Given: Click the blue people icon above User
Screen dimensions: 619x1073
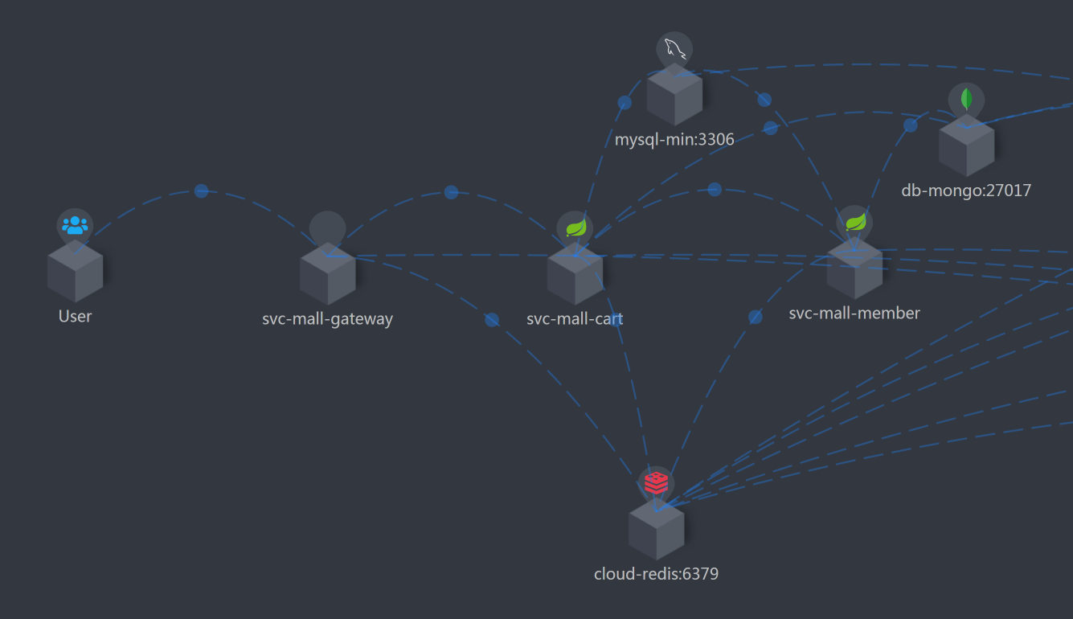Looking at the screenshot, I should [x=75, y=225].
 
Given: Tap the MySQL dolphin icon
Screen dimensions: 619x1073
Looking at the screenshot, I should [x=674, y=50].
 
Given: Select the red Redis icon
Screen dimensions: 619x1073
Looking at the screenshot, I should [x=656, y=483].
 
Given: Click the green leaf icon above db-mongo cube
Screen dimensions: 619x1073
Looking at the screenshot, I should [x=966, y=100].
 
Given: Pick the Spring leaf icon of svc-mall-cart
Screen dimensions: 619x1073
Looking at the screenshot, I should [x=575, y=228].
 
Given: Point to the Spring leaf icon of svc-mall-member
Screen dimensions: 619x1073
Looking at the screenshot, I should [x=855, y=221].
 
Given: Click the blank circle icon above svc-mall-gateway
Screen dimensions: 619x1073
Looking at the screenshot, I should [x=327, y=229].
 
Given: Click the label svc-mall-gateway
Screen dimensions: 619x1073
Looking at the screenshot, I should [x=327, y=319].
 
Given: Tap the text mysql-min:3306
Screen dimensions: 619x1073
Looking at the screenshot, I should [x=674, y=140].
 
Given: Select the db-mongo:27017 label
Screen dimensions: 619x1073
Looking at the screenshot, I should [x=966, y=191].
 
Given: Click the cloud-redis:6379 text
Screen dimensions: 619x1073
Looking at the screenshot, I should [x=656, y=574].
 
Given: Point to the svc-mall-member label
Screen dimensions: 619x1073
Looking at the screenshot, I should [x=854, y=314].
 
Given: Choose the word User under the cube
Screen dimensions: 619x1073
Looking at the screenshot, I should [x=75, y=317].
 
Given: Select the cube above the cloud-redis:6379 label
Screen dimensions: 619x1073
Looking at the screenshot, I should [x=656, y=530].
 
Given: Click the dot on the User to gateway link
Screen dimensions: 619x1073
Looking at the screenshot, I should [x=201, y=191].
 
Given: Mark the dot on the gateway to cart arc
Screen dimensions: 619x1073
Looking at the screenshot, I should [x=451, y=192].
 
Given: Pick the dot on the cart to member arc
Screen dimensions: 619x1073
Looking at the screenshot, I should [x=715, y=189].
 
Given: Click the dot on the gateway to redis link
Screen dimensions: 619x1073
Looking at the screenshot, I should [x=492, y=320].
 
